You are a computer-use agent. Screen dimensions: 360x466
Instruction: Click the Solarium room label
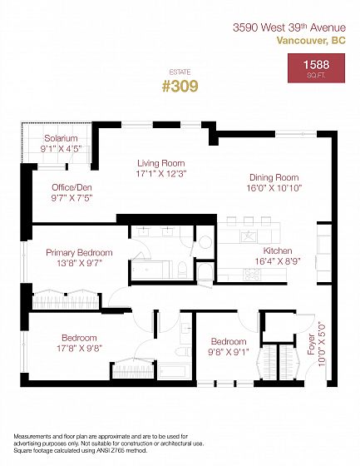pyautogui.click(x=61, y=138)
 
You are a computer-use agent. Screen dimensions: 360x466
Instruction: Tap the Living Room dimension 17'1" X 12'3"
pyautogui.click(x=161, y=174)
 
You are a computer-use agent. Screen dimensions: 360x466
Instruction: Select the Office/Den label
pyautogui.click(x=72, y=187)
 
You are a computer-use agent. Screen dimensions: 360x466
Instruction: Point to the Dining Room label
pyautogui.click(x=274, y=177)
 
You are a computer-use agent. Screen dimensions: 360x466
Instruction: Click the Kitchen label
pyautogui.click(x=278, y=250)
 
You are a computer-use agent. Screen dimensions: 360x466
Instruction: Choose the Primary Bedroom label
pyautogui.click(x=79, y=253)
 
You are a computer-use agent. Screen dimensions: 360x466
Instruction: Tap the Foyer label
pyautogui.click(x=311, y=345)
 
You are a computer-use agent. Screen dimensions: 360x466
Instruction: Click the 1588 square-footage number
pyautogui.click(x=316, y=65)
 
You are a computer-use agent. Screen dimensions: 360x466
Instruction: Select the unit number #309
pyautogui.click(x=180, y=87)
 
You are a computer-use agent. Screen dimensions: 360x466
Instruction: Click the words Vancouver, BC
pyautogui.click(x=311, y=41)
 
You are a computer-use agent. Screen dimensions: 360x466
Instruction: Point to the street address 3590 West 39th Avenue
pyautogui.click(x=289, y=27)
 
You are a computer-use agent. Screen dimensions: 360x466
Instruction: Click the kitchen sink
pyautogui.click(x=249, y=237)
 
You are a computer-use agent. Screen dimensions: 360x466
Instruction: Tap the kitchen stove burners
pyautogui.click(x=252, y=274)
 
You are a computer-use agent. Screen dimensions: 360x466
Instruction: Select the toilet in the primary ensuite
pyautogui.click(x=182, y=270)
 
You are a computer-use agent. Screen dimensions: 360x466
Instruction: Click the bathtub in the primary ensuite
pyautogui.click(x=150, y=270)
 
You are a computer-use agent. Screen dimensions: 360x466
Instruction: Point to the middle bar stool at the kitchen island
pyautogui.click(x=249, y=221)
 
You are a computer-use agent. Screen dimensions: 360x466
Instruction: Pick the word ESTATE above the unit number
pyautogui.click(x=180, y=72)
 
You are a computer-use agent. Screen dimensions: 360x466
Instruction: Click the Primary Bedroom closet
pyautogui.click(x=66, y=300)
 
